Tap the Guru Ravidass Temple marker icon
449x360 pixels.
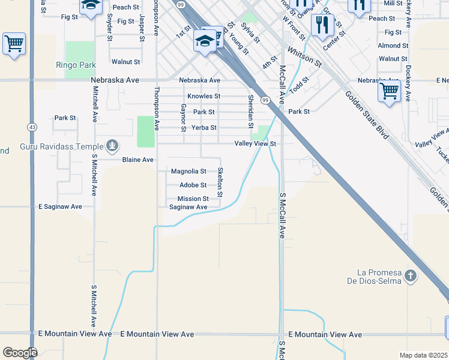[112, 145]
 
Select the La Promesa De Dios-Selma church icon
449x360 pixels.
[410, 276]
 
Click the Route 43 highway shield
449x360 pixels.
[31, 127]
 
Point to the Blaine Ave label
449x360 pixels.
[138, 160]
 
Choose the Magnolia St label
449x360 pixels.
[188, 172]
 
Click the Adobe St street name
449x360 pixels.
[193, 185]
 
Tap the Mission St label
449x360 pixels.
[193, 199]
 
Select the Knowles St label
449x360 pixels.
[203, 96]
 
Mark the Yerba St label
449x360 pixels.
[204, 128]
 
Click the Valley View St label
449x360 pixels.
[255, 144]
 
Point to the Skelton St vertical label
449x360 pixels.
[220, 182]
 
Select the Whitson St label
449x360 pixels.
[304, 58]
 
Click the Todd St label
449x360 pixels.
[298, 85]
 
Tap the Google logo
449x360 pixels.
[19, 352]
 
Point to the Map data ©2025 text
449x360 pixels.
[423, 355]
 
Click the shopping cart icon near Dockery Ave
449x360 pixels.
[389, 92]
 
